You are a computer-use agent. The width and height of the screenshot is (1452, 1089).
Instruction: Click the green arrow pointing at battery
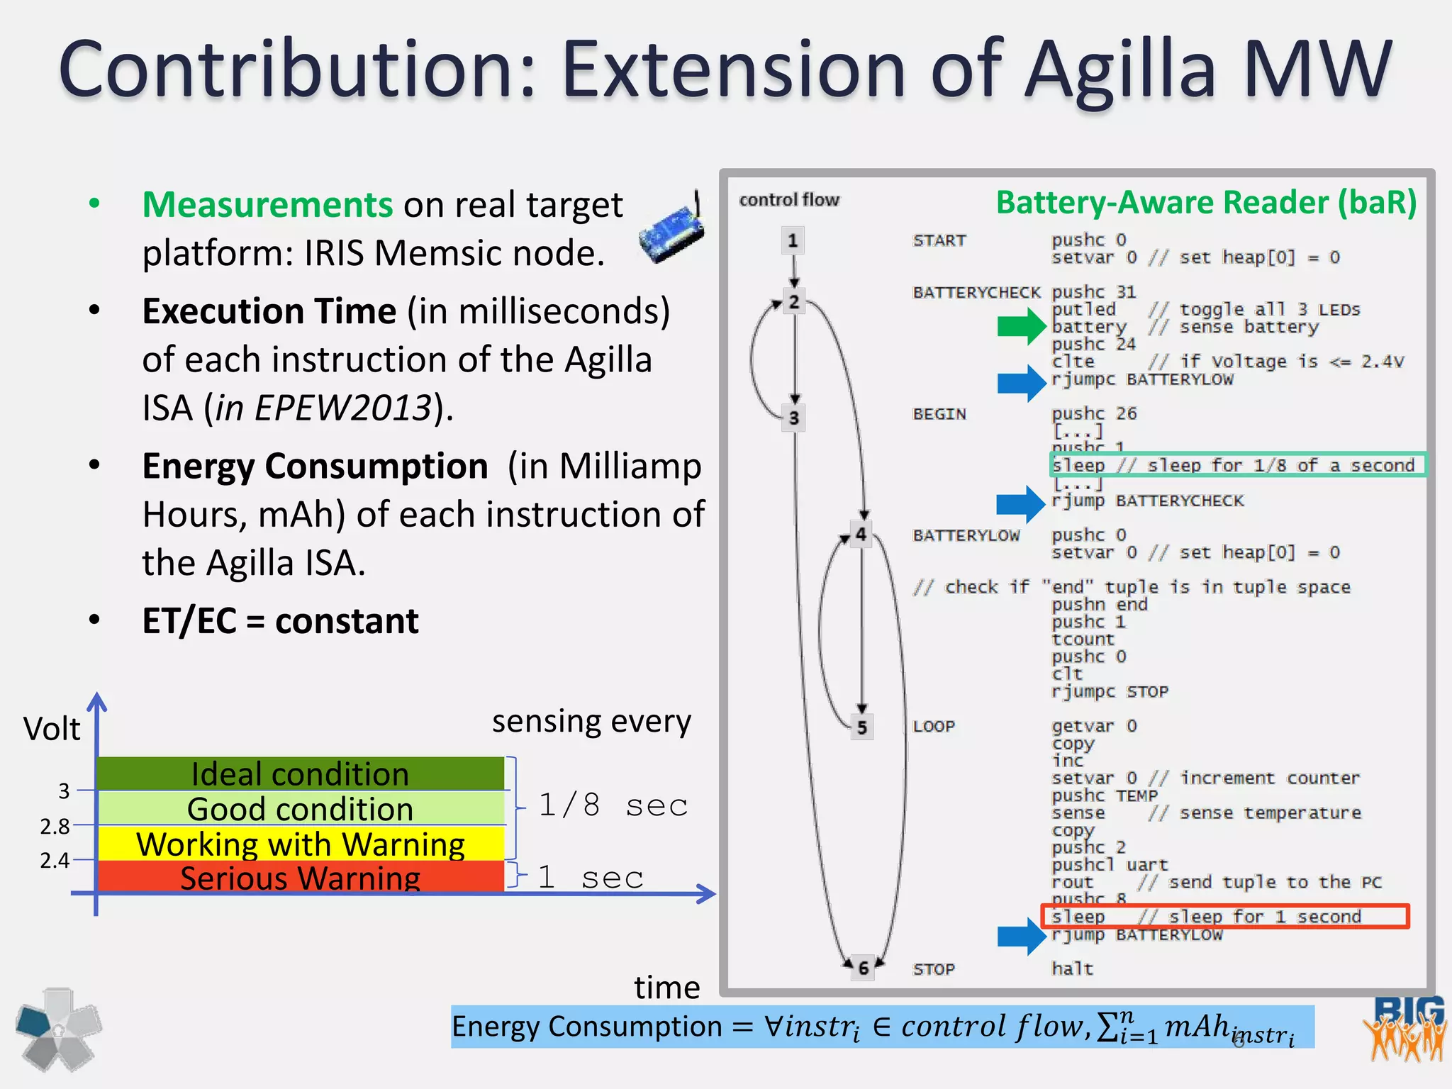point(1021,327)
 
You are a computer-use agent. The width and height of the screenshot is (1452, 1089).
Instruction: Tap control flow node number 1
point(793,241)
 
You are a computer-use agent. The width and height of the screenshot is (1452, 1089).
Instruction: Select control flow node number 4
point(860,535)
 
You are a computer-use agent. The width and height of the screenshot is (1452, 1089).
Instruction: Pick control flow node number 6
point(863,968)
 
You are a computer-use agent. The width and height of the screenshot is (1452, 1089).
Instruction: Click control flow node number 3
point(793,418)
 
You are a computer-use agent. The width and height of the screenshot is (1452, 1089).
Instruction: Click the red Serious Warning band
point(300,878)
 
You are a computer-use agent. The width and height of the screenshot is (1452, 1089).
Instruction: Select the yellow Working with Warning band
point(300,844)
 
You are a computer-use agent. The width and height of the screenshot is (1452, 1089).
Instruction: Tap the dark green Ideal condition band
point(300,774)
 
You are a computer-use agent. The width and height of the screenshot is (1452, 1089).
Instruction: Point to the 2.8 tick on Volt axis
point(55,826)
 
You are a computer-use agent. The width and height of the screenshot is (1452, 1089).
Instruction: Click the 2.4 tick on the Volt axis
point(55,860)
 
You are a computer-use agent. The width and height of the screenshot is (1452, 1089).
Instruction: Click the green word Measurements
point(267,205)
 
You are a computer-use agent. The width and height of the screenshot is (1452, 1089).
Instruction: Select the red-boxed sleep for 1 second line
point(1224,916)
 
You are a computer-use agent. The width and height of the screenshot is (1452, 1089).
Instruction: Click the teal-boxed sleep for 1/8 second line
point(1236,465)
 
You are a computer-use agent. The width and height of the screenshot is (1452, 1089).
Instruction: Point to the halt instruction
point(1071,968)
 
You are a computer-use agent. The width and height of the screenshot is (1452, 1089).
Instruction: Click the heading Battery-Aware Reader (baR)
point(1205,203)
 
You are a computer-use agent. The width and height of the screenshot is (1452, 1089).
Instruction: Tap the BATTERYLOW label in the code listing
point(966,535)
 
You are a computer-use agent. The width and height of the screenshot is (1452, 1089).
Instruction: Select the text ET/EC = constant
point(280,621)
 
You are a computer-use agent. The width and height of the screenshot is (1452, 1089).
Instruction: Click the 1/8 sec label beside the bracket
point(613,805)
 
